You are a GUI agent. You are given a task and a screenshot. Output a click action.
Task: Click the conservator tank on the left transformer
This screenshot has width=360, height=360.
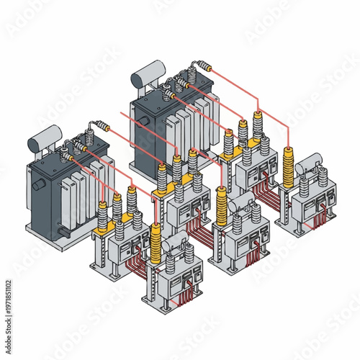coord(45,136)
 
